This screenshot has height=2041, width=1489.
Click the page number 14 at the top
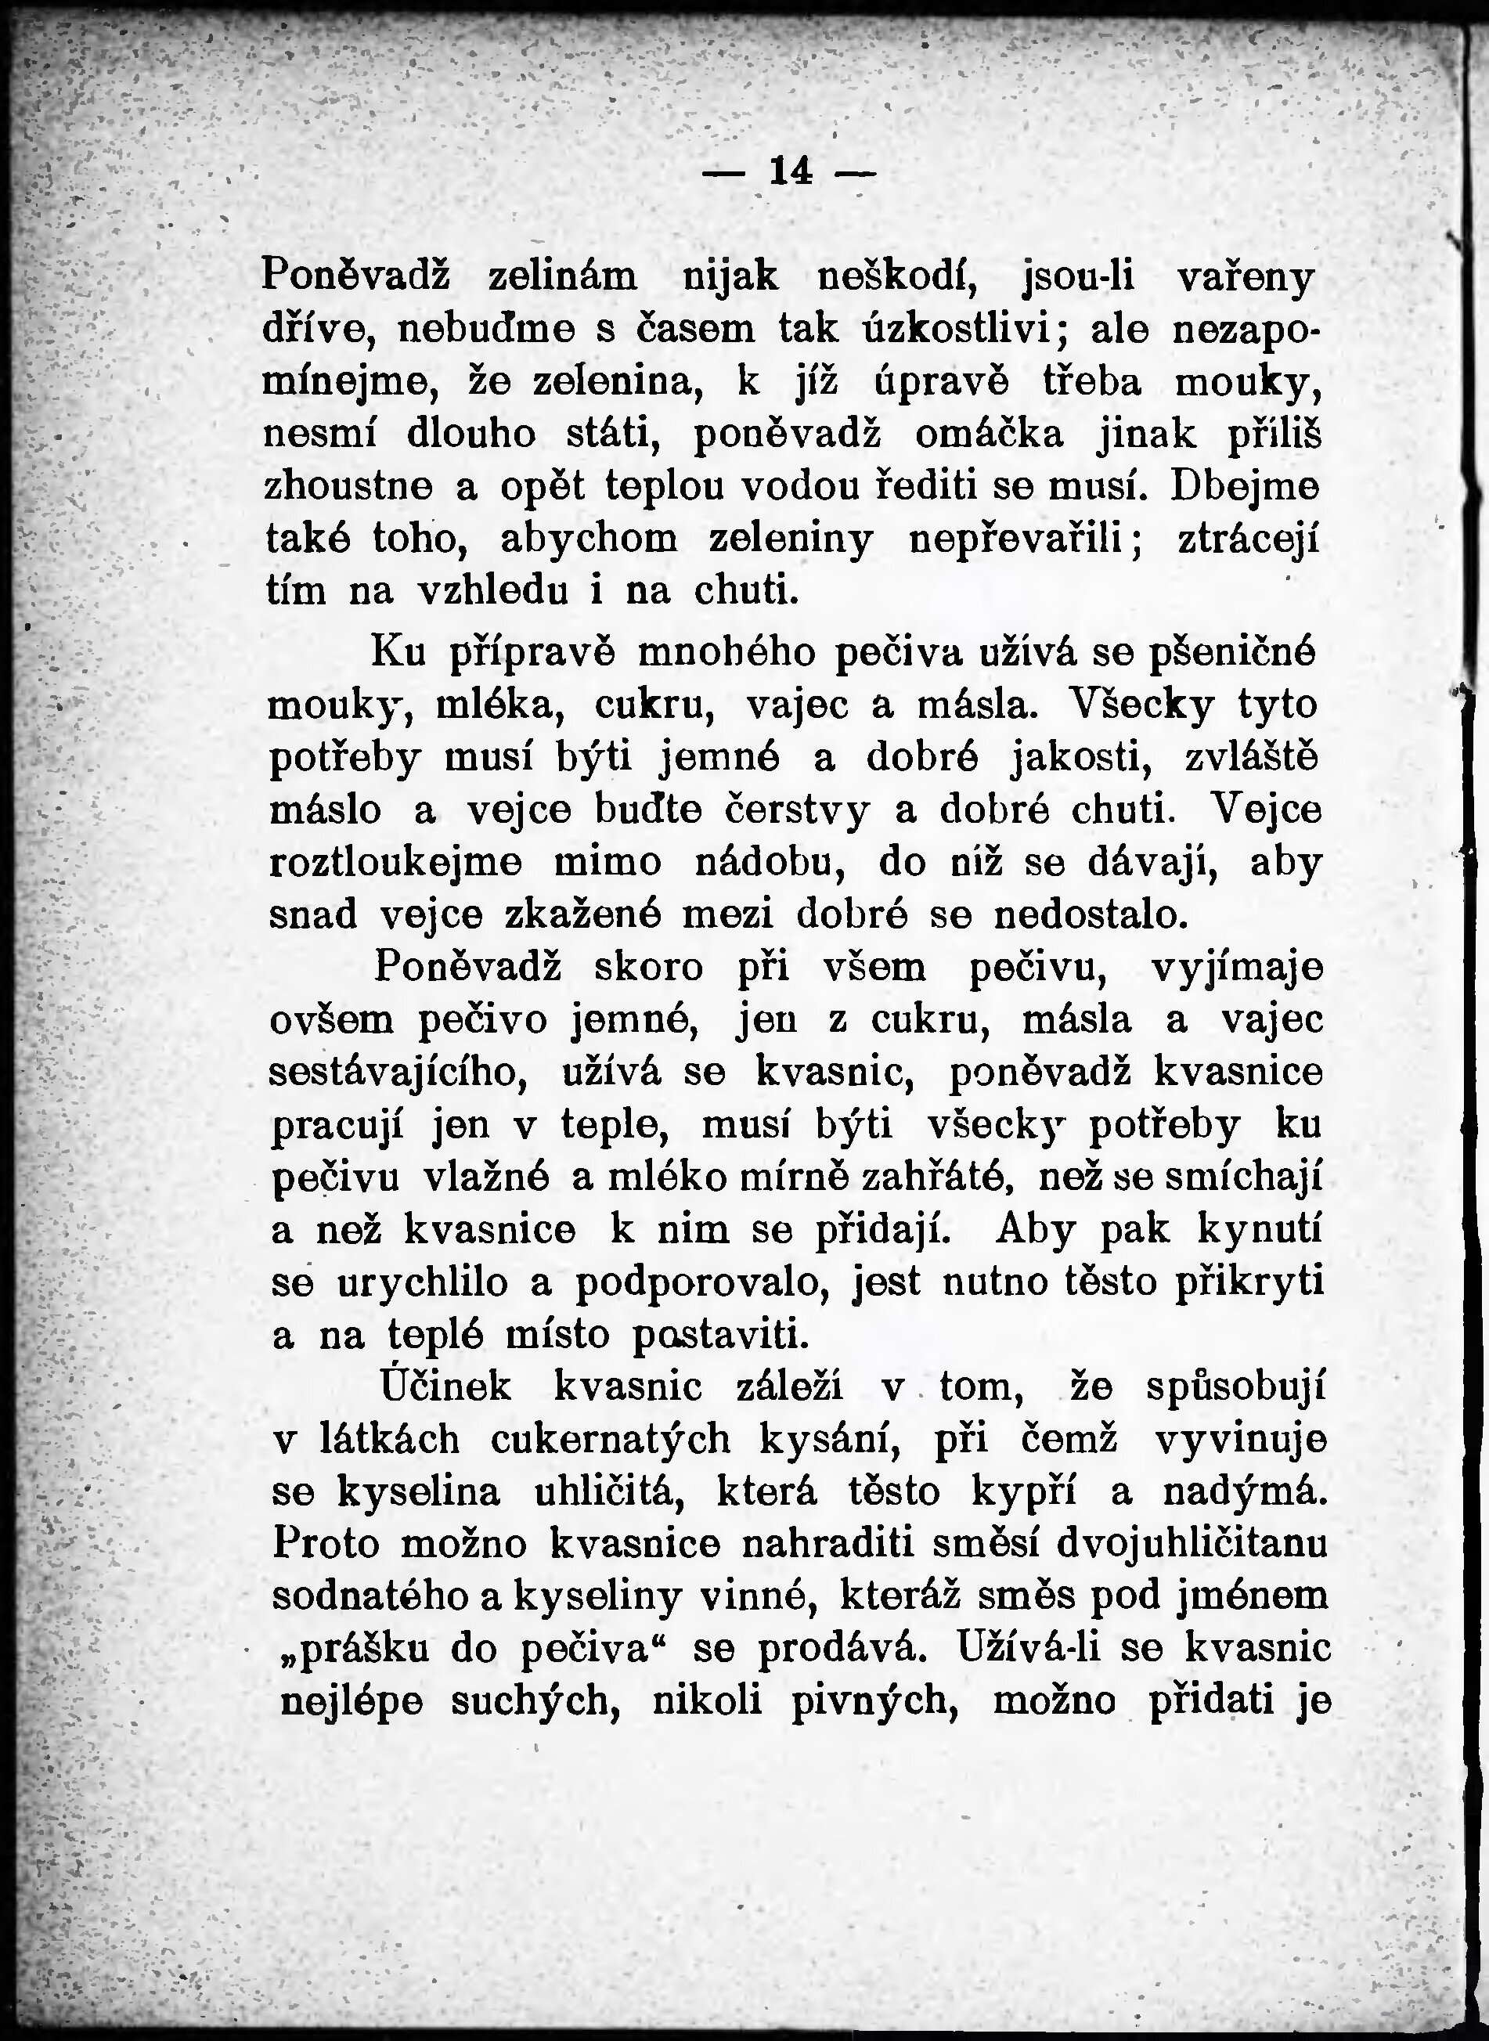[x=791, y=171]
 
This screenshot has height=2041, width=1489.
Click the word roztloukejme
[x=397, y=863]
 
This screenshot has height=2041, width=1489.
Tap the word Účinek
[x=445, y=1387]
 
